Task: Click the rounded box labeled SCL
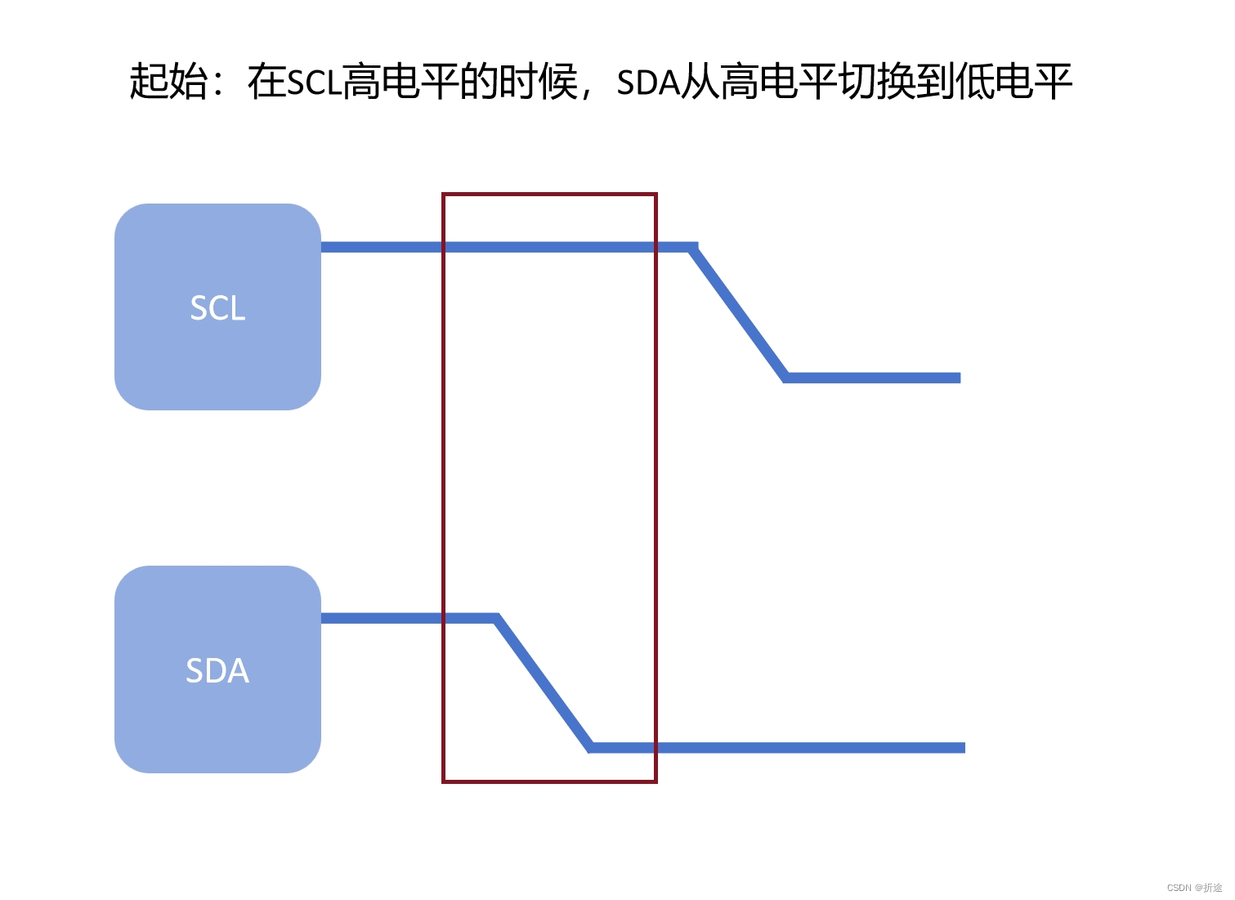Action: tap(217, 307)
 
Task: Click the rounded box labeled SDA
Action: tap(217, 669)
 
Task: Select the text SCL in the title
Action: tap(314, 83)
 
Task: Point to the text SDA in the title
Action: tap(648, 83)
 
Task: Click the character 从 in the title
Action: tap(700, 82)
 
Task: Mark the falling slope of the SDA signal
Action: tap(544, 683)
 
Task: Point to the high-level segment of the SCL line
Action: tap(507, 247)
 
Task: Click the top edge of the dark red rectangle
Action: tap(549, 195)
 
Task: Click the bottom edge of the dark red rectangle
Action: tap(549, 781)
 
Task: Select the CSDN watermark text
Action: tap(1194, 887)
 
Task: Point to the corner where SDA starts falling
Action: tap(496, 619)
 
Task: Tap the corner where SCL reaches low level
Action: tap(785, 378)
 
